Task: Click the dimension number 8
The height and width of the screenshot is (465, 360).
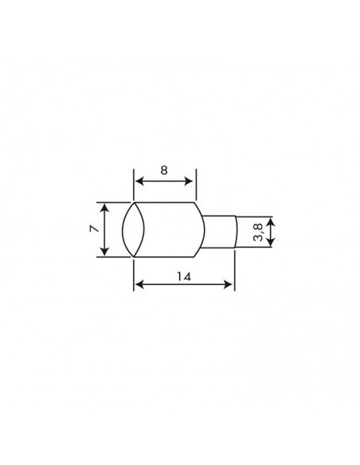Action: point(163,170)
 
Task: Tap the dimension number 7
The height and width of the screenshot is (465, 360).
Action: point(93,229)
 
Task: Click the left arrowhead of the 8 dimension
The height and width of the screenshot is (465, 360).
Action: point(137,182)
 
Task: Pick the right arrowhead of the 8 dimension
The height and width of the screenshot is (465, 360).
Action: point(190,182)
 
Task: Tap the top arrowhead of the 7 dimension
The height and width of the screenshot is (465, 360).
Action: point(104,206)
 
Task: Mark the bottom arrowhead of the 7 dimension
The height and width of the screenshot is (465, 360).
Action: point(104,252)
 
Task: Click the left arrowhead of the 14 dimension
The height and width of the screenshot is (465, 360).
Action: point(137,283)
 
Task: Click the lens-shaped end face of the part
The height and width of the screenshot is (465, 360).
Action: point(132,229)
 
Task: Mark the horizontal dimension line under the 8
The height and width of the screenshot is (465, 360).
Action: point(163,182)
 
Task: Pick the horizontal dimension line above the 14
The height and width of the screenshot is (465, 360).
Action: point(184,283)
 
